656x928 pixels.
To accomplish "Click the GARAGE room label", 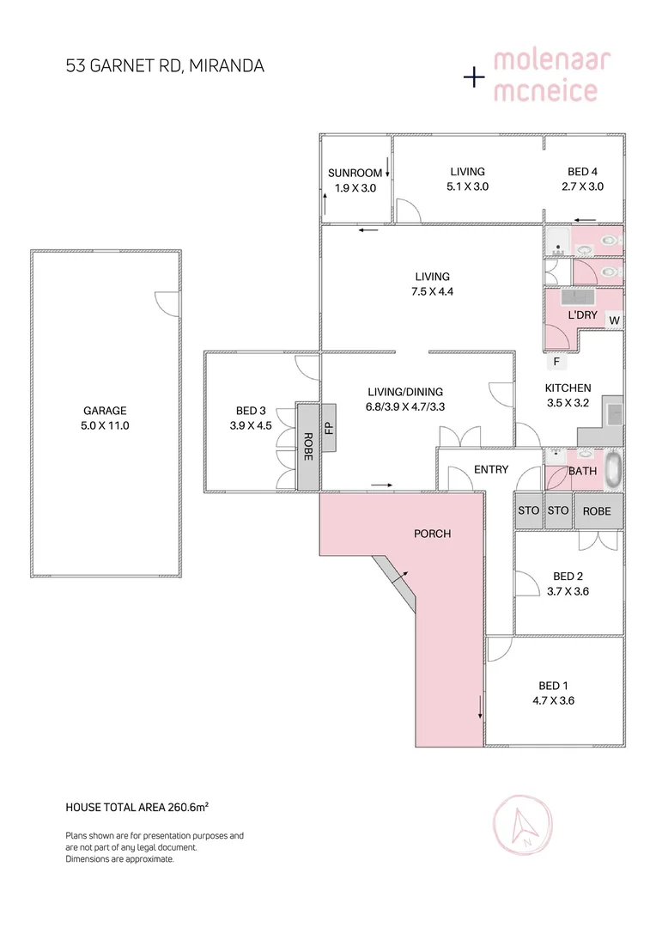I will coord(105,411).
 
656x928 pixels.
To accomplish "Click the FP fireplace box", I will coord(329,425).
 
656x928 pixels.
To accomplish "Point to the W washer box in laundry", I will coord(614,321).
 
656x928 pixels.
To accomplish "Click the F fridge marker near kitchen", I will coord(556,360).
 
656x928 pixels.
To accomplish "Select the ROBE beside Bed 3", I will coord(307,446).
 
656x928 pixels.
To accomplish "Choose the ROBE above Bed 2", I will coord(597,510).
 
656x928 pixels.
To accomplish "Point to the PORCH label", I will coord(432,534).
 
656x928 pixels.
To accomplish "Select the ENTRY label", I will coord(491,469).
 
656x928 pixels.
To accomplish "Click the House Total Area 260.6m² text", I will coord(138,807).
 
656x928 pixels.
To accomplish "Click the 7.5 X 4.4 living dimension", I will coord(432,290).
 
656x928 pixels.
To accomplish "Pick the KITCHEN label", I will coord(568,388).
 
